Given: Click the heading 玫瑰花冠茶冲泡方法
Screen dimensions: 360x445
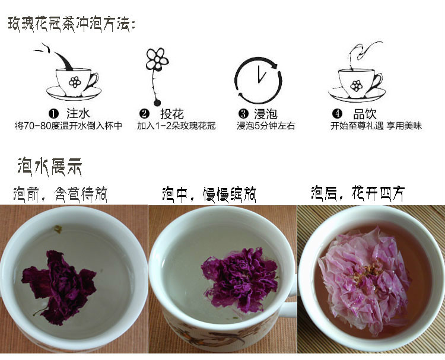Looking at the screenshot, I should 72,25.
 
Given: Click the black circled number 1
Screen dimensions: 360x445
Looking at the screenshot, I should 53,114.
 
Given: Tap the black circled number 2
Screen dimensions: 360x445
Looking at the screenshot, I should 144,114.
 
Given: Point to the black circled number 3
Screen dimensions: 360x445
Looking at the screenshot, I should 243,114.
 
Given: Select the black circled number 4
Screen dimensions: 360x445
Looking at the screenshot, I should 337,114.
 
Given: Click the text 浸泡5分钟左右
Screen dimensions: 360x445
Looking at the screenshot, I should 266,126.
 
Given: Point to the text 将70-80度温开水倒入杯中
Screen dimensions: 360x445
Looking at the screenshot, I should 68,126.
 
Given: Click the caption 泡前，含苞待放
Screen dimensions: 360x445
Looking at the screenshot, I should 60,194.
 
